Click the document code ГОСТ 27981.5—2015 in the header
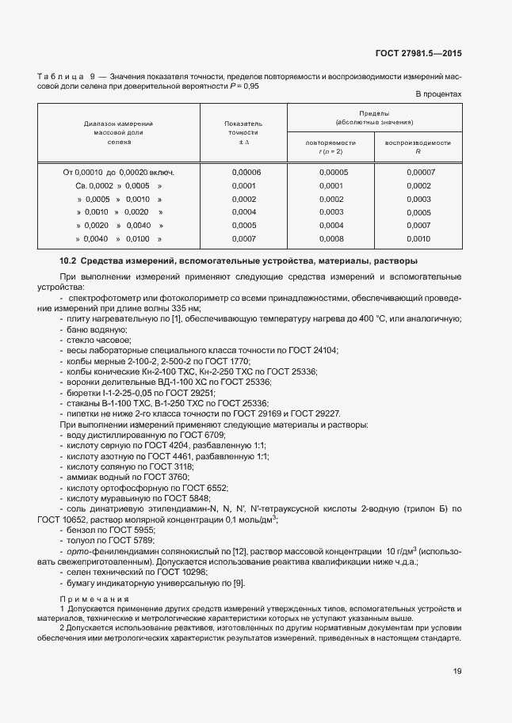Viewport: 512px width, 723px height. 418,54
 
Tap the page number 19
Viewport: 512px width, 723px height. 457,672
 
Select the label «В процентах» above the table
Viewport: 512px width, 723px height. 438,95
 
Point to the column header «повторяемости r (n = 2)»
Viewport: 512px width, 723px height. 331,147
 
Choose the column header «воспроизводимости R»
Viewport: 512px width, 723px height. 418,147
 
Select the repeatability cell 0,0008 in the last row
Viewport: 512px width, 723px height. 331,238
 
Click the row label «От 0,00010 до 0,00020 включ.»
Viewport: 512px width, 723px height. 119,172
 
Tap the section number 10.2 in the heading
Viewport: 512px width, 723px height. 69,261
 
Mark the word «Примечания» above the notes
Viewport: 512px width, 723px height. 91,599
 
